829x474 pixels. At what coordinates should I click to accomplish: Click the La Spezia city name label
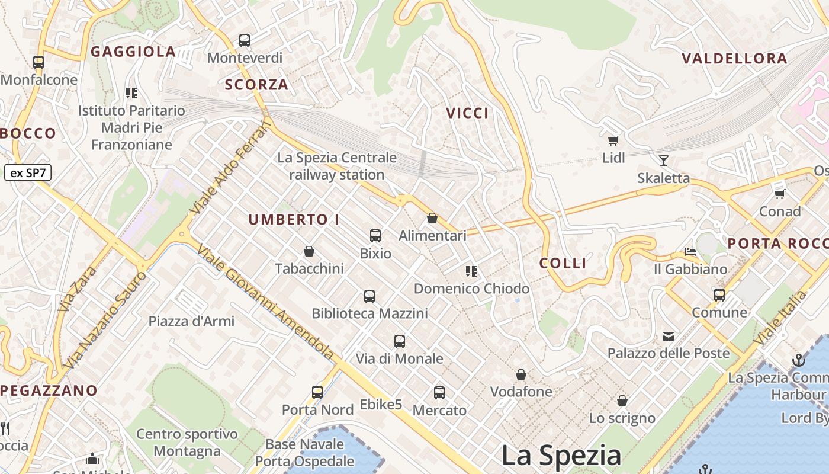pyautogui.click(x=561, y=456)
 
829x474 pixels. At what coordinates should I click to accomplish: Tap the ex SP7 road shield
pyautogui.click(x=28, y=173)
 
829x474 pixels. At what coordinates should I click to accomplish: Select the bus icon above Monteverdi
pyautogui.click(x=245, y=40)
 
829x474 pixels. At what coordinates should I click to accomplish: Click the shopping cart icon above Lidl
pyautogui.click(x=613, y=141)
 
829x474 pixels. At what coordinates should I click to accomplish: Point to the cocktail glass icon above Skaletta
pyautogui.click(x=663, y=160)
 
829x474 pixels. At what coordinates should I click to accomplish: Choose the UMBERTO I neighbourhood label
pyautogui.click(x=294, y=219)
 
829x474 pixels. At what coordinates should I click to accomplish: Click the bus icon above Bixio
pyautogui.click(x=375, y=235)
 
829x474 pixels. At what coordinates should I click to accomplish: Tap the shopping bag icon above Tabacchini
pyautogui.click(x=309, y=251)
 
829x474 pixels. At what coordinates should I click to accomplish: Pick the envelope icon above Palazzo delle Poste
pyautogui.click(x=669, y=337)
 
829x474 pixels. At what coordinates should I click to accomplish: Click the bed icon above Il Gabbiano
pyautogui.click(x=690, y=252)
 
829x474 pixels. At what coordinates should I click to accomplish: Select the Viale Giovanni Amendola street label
pyautogui.click(x=266, y=301)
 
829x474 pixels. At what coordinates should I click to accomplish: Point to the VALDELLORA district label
pyautogui.click(x=734, y=58)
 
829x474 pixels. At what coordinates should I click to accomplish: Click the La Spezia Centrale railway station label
pyautogui.click(x=337, y=166)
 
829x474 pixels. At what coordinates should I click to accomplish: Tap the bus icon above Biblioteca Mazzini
pyautogui.click(x=369, y=296)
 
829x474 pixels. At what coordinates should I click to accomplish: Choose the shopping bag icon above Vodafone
pyautogui.click(x=521, y=374)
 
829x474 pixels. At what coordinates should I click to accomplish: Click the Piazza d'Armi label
pyautogui.click(x=191, y=321)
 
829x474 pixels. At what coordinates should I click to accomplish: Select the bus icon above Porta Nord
pyautogui.click(x=317, y=392)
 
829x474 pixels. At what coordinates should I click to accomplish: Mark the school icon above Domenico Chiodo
pyautogui.click(x=471, y=271)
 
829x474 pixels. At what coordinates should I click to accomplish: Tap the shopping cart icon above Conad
pyautogui.click(x=780, y=194)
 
